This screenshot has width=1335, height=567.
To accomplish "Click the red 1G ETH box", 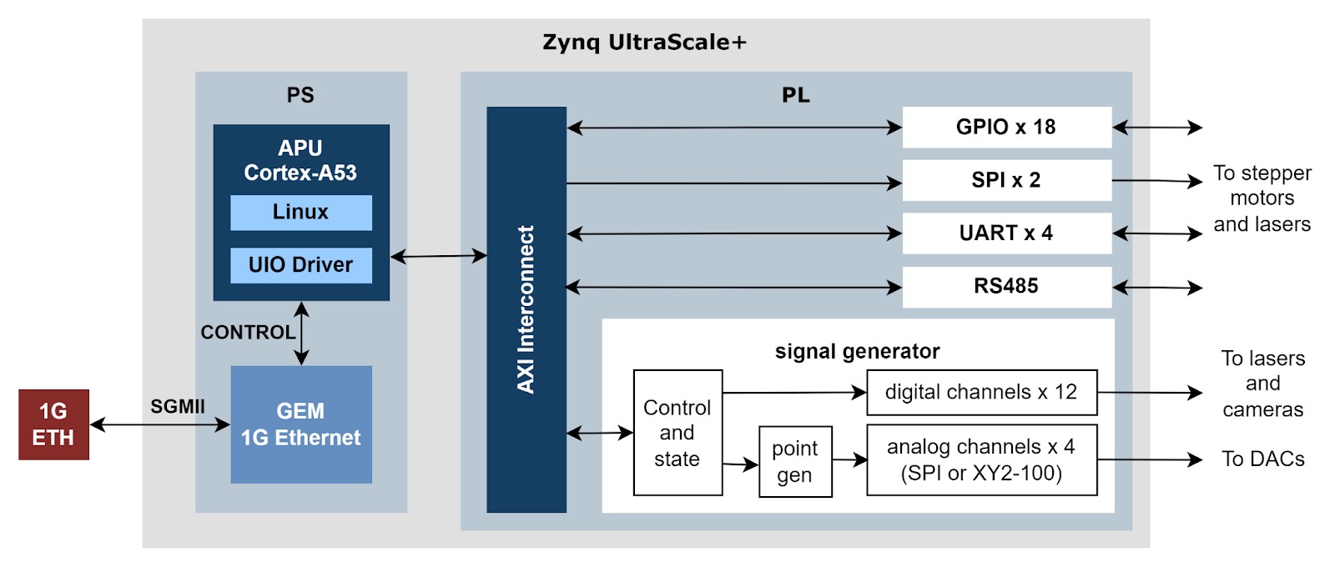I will click(53, 424).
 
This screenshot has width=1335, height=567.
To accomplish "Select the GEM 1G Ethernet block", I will click(300, 424).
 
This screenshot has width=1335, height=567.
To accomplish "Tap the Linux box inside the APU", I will click(300, 213).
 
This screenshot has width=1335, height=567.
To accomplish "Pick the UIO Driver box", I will click(300, 265).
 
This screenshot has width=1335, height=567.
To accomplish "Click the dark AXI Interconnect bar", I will click(526, 309).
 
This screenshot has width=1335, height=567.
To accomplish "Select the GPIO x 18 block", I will click(1006, 128).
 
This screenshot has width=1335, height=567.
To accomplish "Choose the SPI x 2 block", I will click(1006, 180).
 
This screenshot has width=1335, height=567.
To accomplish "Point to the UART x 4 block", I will click(1006, 233).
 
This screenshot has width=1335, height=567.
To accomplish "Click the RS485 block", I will click(1006, 287).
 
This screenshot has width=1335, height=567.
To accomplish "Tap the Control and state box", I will click(677, 433).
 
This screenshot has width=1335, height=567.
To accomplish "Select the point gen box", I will click(794, 462).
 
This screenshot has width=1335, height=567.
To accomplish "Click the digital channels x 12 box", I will click(981, 393).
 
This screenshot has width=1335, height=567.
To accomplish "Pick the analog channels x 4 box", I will click(981, 460).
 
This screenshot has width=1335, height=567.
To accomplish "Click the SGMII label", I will click(177, 407).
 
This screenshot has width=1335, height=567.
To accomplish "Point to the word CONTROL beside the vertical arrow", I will click(248, 333).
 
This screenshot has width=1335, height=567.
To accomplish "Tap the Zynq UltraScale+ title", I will click(644, 43).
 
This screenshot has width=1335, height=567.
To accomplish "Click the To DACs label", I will click(1262, 459).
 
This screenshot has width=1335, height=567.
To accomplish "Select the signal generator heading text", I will click(857, 352).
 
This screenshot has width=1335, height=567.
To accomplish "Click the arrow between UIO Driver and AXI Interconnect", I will click(438, 256).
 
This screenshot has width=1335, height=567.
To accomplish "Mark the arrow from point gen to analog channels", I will click(849, 459).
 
